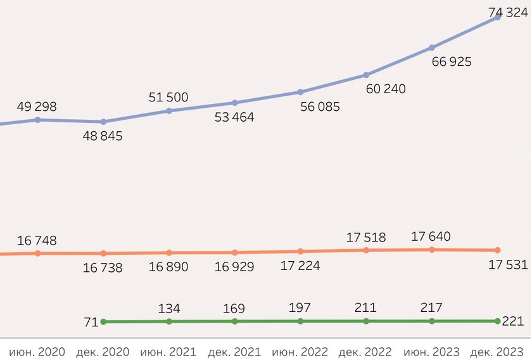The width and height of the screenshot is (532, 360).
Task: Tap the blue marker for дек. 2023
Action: tap(497, 17)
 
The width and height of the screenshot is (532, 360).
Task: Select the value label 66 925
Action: tap(451, 62)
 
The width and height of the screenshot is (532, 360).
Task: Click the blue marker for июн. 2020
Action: tap(37, 119)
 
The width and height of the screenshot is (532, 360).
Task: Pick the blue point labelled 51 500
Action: tap(169, 111)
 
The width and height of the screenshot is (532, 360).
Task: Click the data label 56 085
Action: tap(320, 106)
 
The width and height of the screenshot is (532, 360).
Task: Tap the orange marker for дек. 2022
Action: tap(366, 250)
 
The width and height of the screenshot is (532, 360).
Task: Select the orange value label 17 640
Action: tap(431, 236)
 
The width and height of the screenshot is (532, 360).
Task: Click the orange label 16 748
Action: tap(37, 240)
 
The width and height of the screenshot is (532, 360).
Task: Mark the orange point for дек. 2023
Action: tap(497, 250)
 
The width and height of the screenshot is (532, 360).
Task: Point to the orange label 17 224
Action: tap(300, 266)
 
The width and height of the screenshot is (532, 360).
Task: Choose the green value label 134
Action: tap(169, 309)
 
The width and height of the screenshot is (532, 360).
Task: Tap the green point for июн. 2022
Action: tap(300, 321)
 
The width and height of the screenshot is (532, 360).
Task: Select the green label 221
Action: tap(513, 321)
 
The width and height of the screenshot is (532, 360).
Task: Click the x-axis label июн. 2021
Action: tap(169, 352)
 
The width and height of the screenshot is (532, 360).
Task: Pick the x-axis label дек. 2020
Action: tap(103, 352)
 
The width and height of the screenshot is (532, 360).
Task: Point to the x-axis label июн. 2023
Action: tap(431, 352)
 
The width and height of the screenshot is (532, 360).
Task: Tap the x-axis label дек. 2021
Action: tap(234, 352)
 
